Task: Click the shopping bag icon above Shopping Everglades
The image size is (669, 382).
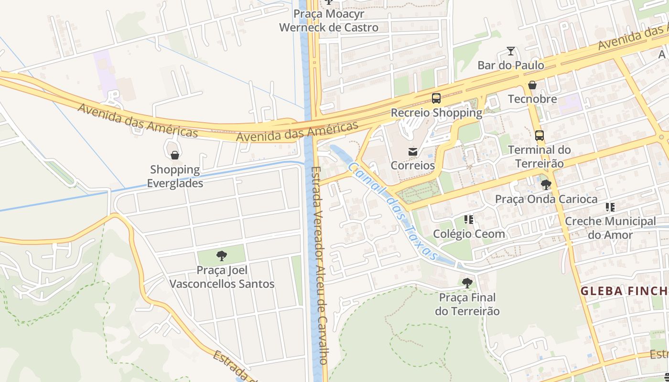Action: tap(175, 155)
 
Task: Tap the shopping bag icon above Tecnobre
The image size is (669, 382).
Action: tap(532, 85)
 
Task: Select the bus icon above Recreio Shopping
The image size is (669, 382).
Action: tap(436, 98)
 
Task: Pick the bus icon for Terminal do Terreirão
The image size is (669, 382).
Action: tap(540, 136)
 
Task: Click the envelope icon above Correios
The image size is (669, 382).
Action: tap(412, 152)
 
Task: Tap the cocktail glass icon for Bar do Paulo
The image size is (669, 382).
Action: tap(511, 51)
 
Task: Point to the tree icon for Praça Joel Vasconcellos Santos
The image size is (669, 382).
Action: tap(221, 256)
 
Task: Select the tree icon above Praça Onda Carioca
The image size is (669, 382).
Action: tap(546, 185)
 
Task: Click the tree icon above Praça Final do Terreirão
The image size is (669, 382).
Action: tap(467, 283)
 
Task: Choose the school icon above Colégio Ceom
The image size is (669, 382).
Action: tap(469, 220)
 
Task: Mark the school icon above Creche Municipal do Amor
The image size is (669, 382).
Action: tap(610, 207)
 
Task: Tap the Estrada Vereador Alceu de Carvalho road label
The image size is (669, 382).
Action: tap(318, 265)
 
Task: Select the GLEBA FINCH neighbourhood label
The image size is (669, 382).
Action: tap(624, 291)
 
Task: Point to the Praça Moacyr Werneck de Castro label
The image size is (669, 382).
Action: tap(329, 21)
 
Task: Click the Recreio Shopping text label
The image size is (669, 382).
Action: tap(436, 113)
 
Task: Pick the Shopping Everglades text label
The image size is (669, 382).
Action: tap(175, 176)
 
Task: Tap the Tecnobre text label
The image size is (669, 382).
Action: tap(532, 99)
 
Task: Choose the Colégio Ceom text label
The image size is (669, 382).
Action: tap(469, 233)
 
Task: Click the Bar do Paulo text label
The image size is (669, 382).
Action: tap(511, 65)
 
